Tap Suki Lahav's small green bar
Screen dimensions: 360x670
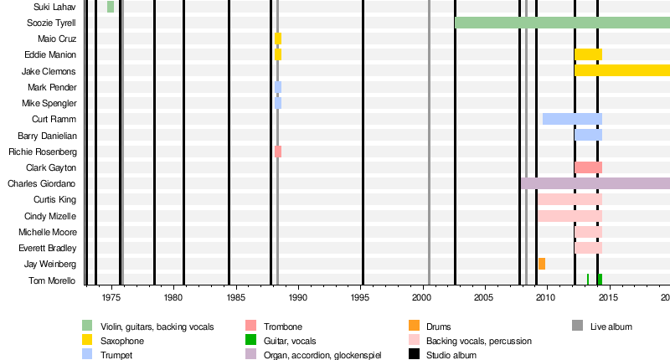point(111,7)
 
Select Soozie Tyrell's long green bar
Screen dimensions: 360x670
point(561,23)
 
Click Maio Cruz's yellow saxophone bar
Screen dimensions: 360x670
point(278,39)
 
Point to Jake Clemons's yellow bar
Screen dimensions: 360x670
point(621,71)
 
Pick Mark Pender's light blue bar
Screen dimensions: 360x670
point(278,87)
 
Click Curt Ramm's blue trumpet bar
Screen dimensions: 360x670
point(572,119)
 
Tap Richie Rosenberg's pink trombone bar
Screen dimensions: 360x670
point(278,152)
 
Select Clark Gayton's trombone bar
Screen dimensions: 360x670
point(588,167)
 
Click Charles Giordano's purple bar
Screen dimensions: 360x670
point(595,183)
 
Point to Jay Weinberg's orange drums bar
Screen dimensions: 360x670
point(542,264)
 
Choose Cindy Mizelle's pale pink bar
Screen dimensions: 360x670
point(569,216)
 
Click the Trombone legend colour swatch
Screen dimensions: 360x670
point(250,326)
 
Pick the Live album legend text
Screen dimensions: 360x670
point(611,326)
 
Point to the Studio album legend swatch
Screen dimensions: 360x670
point(414,354)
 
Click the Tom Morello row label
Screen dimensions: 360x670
point(53,280)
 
